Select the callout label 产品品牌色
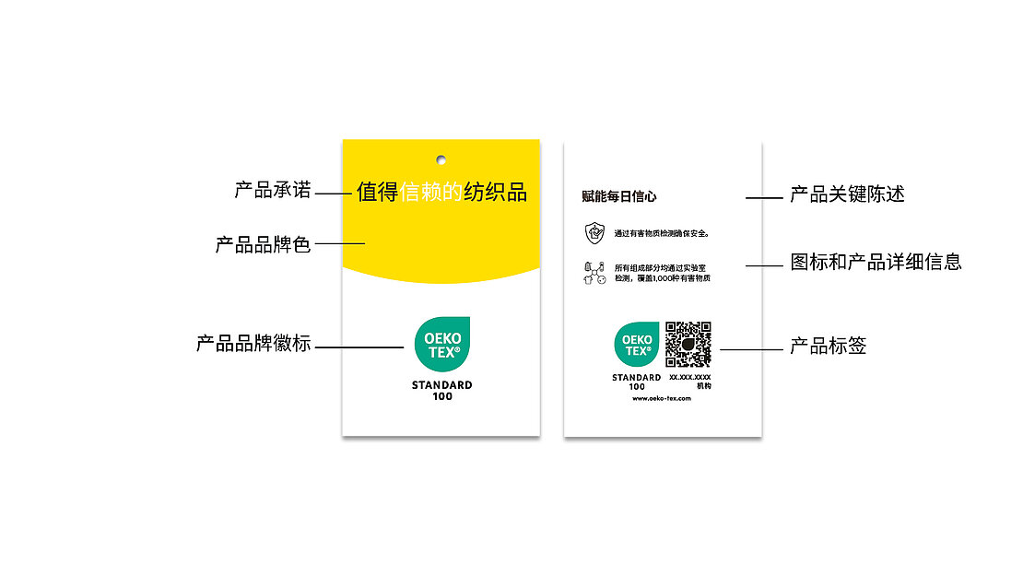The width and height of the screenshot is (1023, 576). pyautogui.click(x=263, y=245)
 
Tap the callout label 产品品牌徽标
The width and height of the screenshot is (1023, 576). pyautogui.click(x=253, y=345)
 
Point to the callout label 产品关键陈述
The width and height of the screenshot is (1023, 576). pyautogui.click(x=847, y=194)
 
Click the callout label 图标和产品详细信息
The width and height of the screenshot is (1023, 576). pyautogui.click(x=876, y=262)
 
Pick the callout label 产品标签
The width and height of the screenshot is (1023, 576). pyautogui.click(x=828, y=347)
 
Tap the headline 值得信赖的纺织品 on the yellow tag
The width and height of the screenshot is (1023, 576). pyautogui.click(x=441, y=192)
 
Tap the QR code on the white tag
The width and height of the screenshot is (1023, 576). pyautogui.click(x=688, y=345)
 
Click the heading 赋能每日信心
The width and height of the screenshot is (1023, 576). pyautogui.click(x=619, y=196)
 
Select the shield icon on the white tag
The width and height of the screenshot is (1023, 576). pyautogui.click(x=594, y=232)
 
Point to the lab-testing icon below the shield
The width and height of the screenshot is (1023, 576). pyautogui.click(x=594, y=273)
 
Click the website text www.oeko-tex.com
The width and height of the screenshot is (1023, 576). pyautogui.click(x=662, y=398)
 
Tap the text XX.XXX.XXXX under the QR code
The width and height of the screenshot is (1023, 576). pyautogui.click(x=689, y=377)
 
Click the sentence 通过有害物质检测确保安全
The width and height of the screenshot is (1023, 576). pyautogui.click(x=662, y=233)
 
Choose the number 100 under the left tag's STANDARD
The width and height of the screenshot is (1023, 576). pyautogui.click(x=441, y=397)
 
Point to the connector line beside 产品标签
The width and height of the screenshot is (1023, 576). pyautogui.click(x=750, y=349)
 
